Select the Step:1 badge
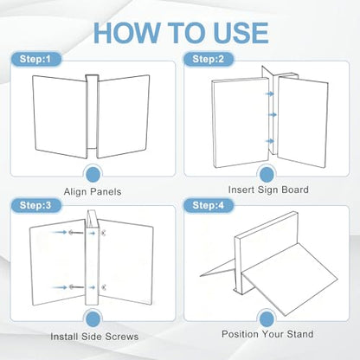pos(35,59)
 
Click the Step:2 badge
pos(209,59)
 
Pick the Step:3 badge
pos(35,205)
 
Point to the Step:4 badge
pos(209,205)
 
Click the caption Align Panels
pos(93,192)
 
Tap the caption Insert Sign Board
pos(268,190)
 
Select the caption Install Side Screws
pos(94,337)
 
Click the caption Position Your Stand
pos(267,334)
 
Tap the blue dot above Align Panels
pos(93,175)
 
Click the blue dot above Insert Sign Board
pos(267,175)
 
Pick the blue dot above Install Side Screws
pos(93,319)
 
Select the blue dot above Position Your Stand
pos(267,319)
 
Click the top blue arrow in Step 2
pos(270,93)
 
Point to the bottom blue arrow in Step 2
pos(270,141)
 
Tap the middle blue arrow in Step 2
pos(273,115)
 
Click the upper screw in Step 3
pos(76,232)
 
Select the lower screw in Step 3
pos(76,287)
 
